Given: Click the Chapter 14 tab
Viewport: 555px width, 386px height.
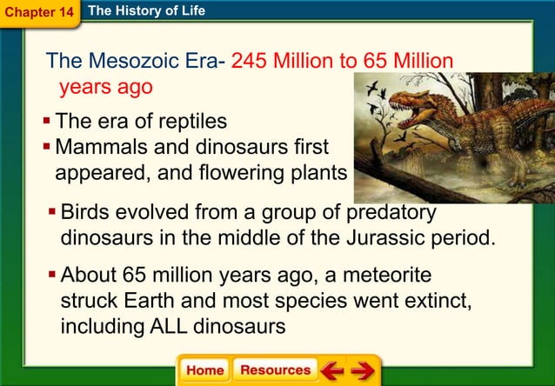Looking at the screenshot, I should pos(38,12).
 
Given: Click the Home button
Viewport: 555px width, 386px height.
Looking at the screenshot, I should pos(204,369).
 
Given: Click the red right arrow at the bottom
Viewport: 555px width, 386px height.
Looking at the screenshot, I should pos(362,370).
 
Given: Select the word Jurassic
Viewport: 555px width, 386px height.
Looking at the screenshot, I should pos(383,237).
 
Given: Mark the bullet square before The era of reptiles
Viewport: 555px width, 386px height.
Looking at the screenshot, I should pos(49,120).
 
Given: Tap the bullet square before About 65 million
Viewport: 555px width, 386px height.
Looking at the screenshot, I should pos(52,276).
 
